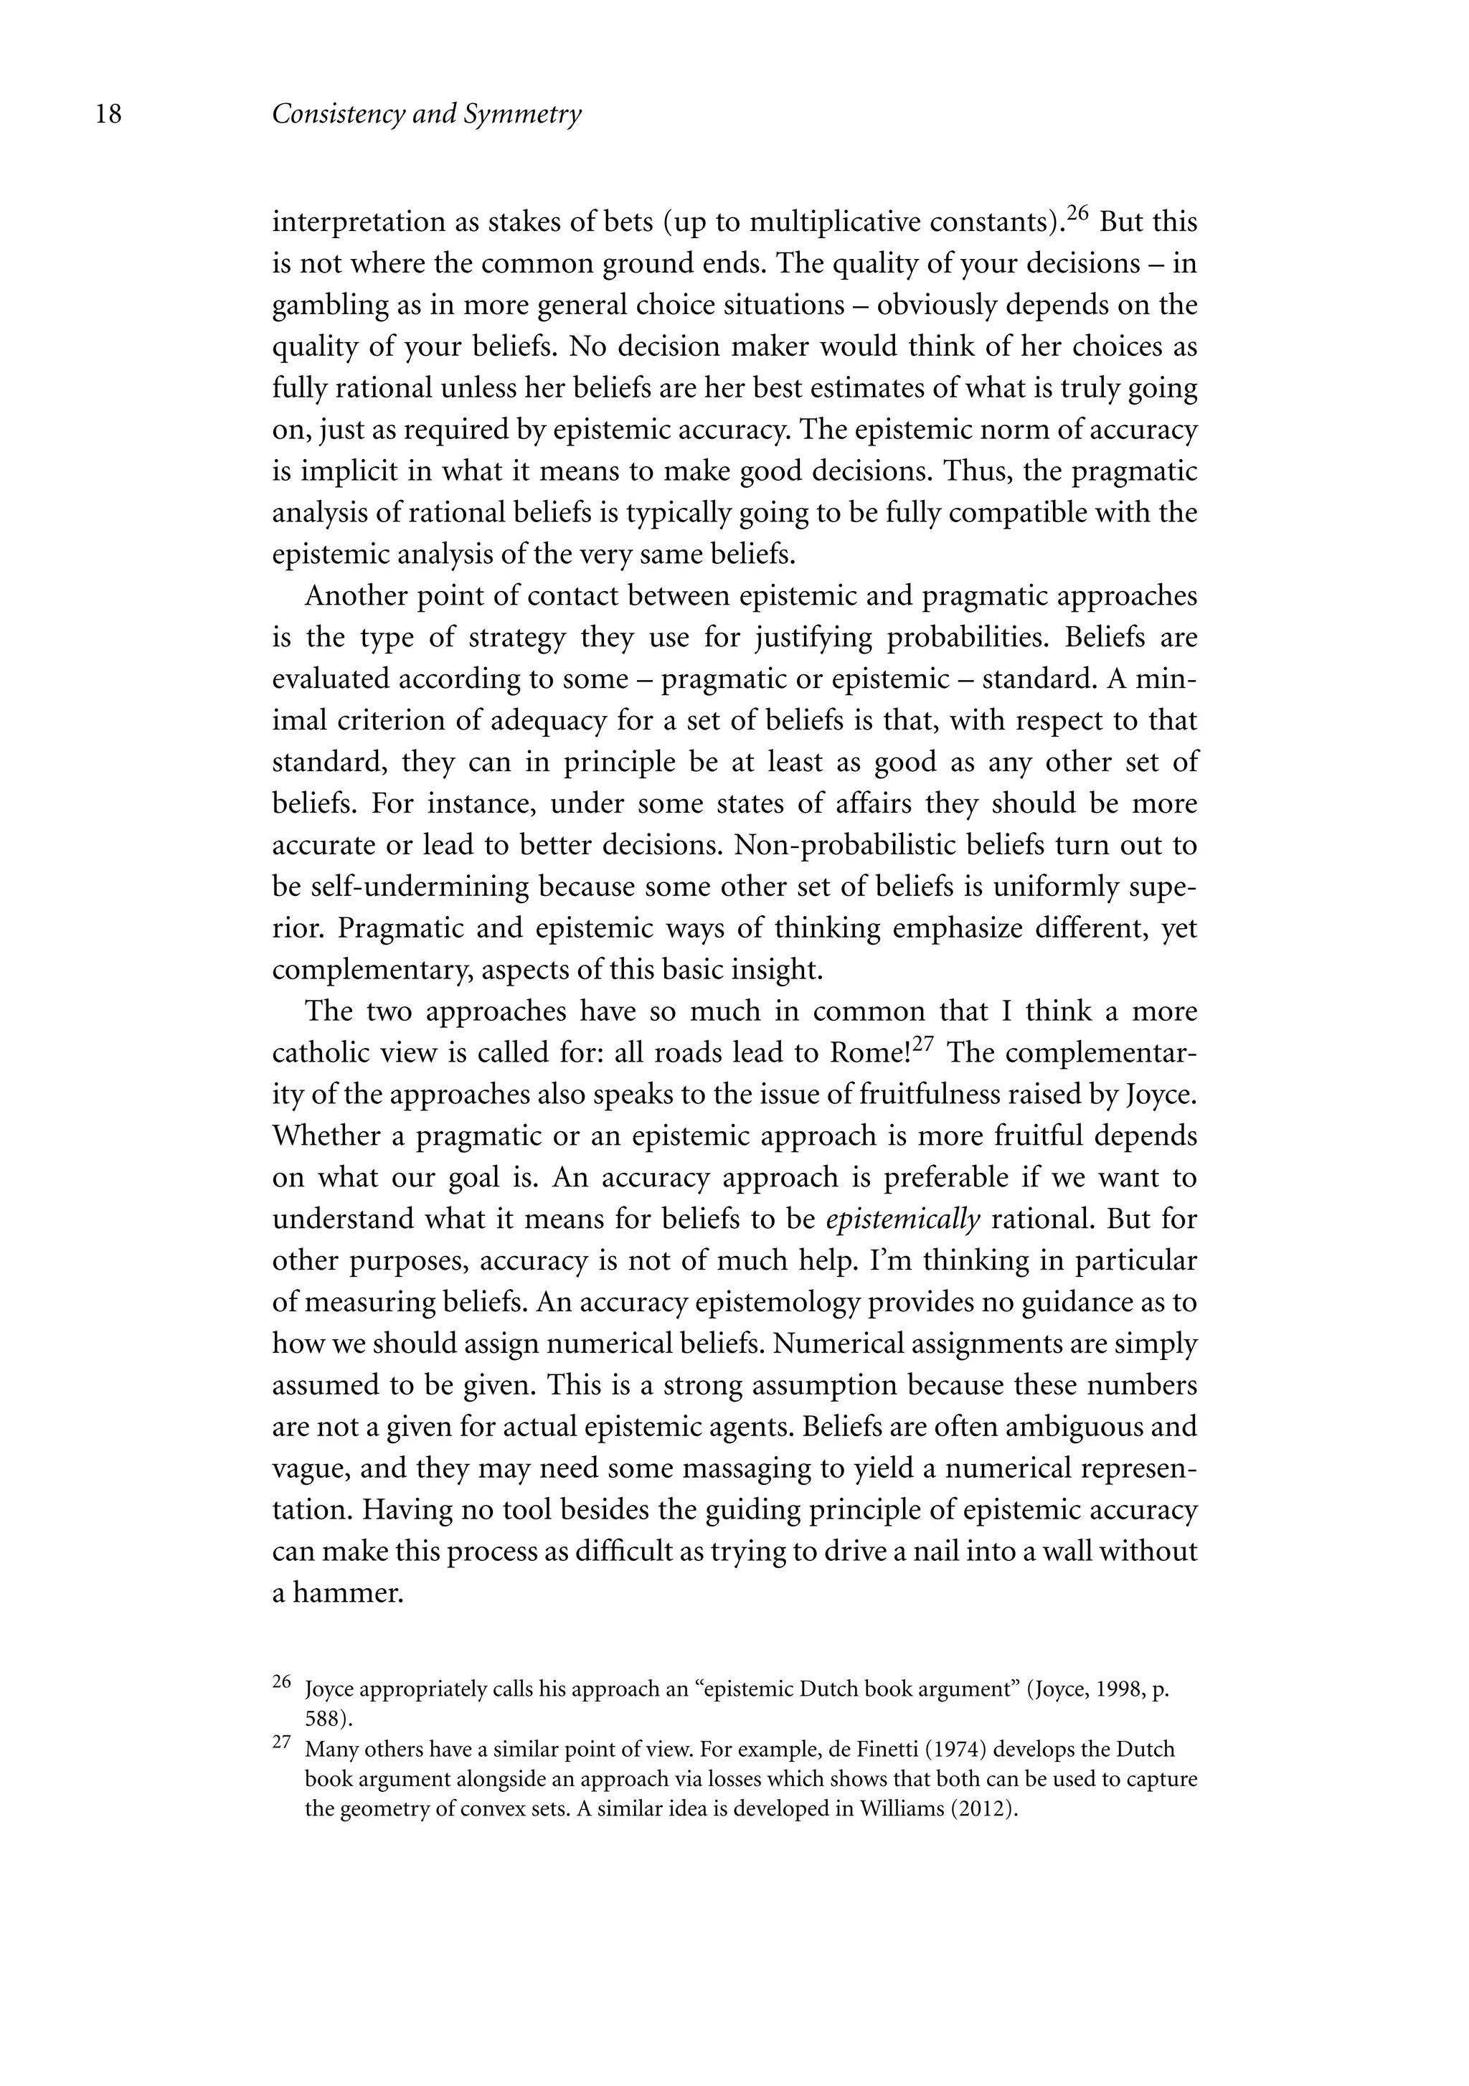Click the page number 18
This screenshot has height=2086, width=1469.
pyautogui.click(x=108, y=115)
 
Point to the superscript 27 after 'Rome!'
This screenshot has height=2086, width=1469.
pyautogui.click(x=923, y=1045)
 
